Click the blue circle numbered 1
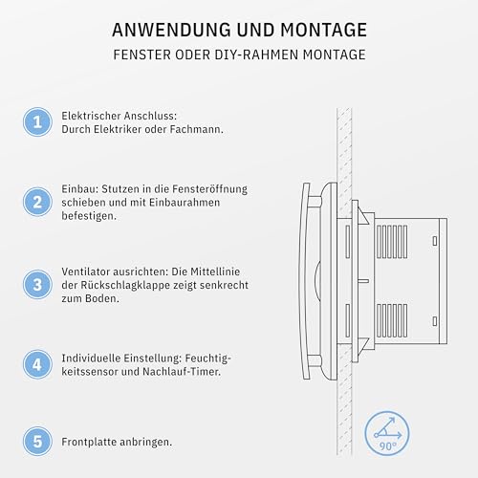point(37,121)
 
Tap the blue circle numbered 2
point(37,202)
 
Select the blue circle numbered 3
point(37,284)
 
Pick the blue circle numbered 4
point(37,363)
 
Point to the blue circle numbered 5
point(37,443)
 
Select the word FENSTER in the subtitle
point(140,55)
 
